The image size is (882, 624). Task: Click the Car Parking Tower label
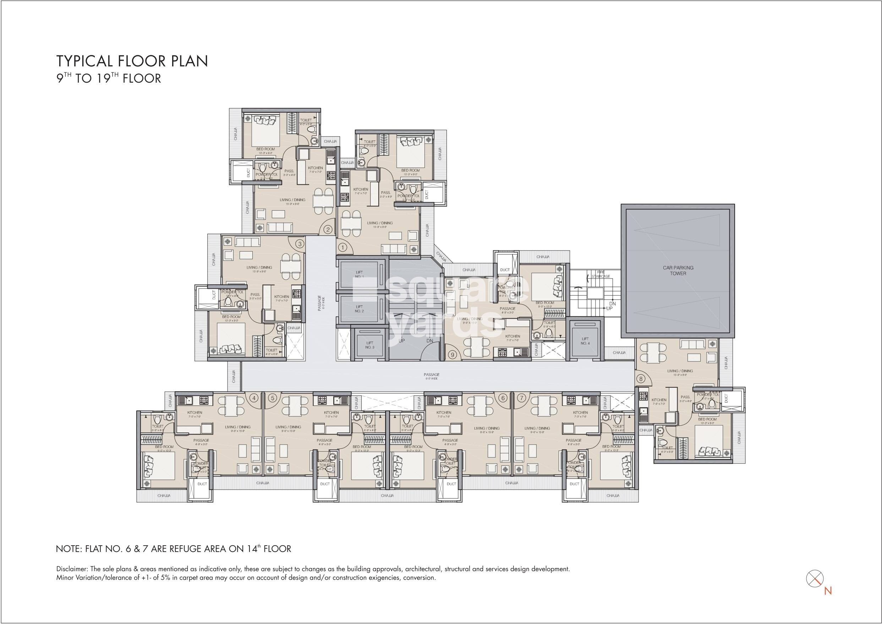(x=678, y=271)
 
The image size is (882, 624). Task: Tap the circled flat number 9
(x=452, y=355)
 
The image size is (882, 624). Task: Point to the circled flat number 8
(x=641, y=379)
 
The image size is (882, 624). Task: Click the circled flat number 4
(x=254, y=398)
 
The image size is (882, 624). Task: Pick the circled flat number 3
(x=300, y=243)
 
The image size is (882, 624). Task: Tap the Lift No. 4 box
(x=585, y=340)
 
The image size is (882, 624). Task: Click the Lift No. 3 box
(x=369, y=345)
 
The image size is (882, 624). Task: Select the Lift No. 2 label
(x=359, y=309)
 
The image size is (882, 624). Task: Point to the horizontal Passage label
(x=431, y=375)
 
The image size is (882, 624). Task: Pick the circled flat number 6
(x=503, y=398)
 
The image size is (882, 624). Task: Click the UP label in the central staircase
(x=402, y=341)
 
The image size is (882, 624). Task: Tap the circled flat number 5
(x=272, y=398)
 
